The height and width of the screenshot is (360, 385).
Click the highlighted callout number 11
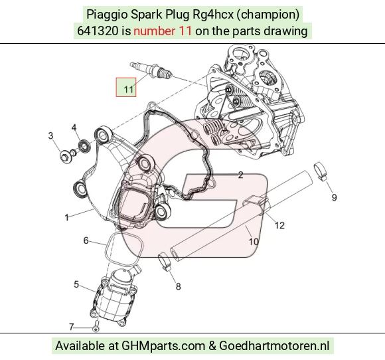point(128,90)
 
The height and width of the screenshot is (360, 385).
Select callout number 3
point(50,135)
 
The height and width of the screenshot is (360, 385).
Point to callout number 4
point(74,128)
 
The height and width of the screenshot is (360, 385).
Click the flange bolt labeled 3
point(66,157)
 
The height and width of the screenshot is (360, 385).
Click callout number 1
point(66,217)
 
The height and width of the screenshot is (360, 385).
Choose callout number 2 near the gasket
point(240,175)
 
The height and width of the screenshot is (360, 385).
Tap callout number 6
point(86,240)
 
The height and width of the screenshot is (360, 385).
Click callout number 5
point(76,284)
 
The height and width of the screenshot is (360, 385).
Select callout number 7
point(71,327)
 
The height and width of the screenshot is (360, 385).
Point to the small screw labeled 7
point(96,326)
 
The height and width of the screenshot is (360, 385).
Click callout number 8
point(179,286)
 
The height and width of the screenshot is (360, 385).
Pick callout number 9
point(334,197)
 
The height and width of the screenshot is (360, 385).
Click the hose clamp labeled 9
point(321,171)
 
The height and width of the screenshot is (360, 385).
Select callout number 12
point(279,225)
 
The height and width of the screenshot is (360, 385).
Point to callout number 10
point(254,242)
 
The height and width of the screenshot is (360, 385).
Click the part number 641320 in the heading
point(98,31)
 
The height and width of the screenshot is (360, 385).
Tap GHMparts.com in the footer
point(163,345)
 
